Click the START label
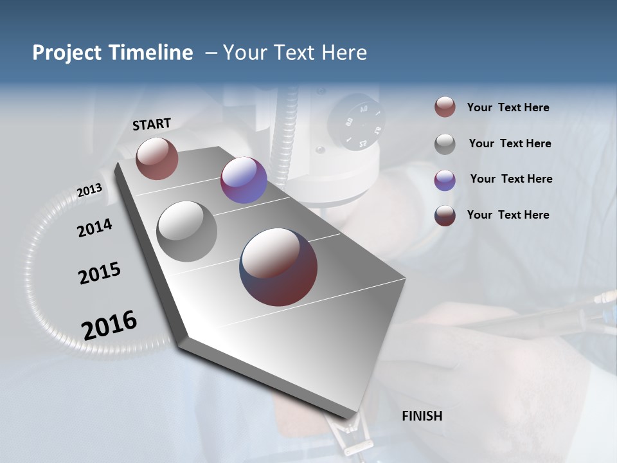pos(152,124)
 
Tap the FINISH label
pos(422,416)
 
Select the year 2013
pos(90,190)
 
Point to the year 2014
pos(94,228)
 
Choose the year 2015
pos(100,273)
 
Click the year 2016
pos(109,325)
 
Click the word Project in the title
pos(67,53)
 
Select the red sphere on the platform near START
pos(157,158)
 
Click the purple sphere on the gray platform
pos(244,180)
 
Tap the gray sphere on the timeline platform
pos(187,232)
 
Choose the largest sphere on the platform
pos(278,267)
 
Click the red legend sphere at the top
pos(445,107)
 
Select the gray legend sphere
pos(445,144)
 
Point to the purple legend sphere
pos(445,180)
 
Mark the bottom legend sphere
pos(445,215)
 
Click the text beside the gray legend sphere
pos(510,143)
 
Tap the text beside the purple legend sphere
pos(511,179)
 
